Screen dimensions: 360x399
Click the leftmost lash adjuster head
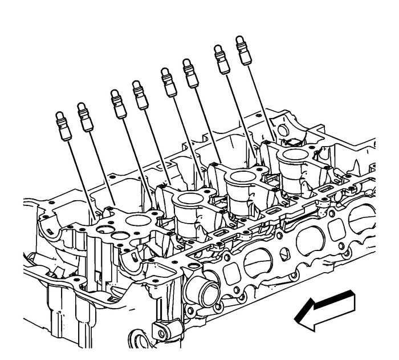63,125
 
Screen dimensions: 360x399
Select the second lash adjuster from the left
85,117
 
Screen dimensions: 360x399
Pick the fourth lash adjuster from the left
140,95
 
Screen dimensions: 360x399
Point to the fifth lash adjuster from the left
169,82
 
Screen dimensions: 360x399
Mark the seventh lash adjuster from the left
221,59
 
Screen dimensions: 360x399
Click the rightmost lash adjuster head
243,50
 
